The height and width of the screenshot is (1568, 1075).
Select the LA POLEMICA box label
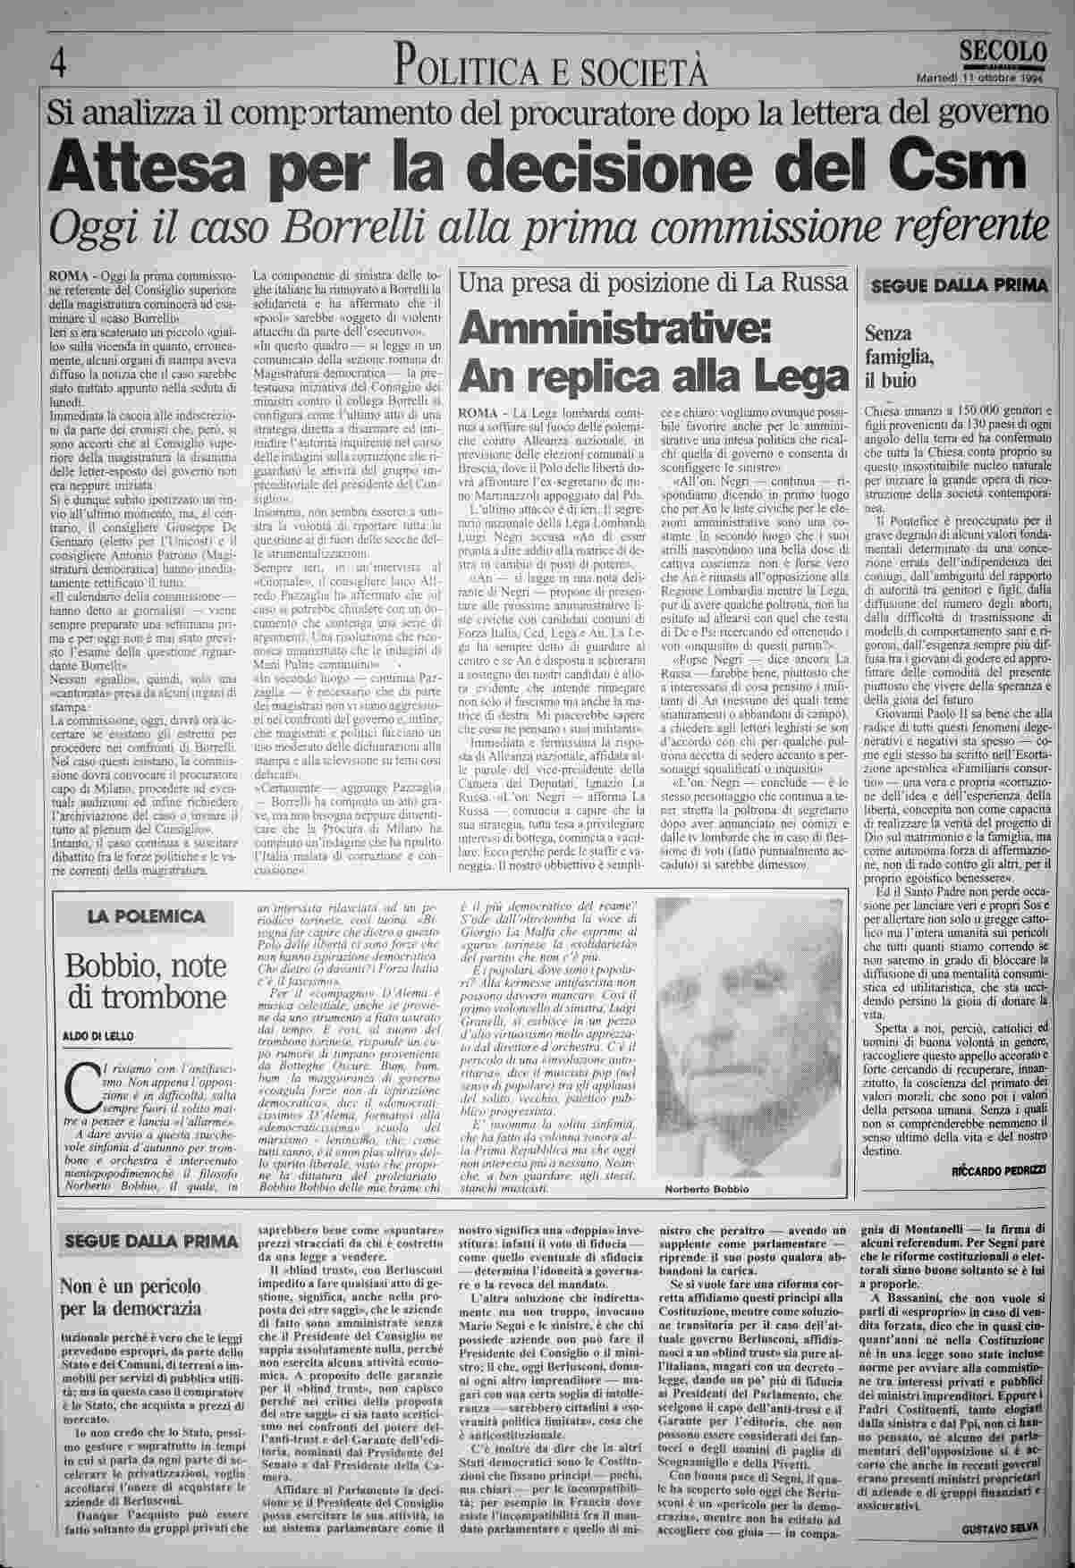coord(145,916)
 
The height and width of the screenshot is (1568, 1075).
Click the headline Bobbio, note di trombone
coord(146,982)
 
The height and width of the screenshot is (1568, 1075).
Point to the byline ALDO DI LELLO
coord(98,1036)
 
